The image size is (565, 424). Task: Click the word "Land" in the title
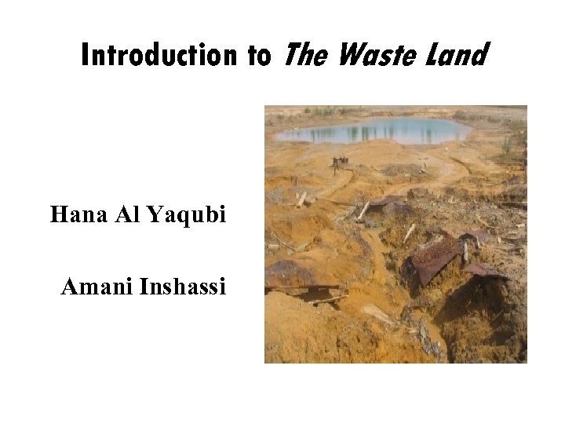click(459, 55)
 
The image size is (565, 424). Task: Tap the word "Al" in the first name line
click(126, 214)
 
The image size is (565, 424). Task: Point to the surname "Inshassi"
click(182, 287)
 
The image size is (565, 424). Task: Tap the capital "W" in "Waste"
click(350, 55)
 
